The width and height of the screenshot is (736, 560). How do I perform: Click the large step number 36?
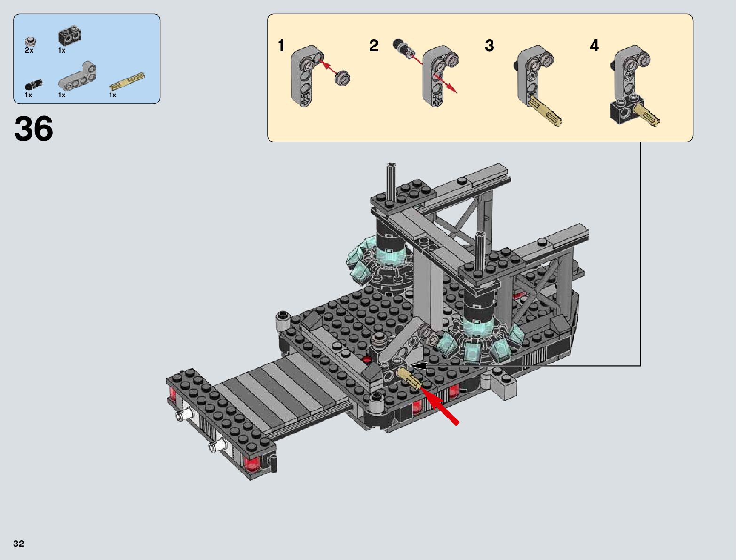click(33, 128)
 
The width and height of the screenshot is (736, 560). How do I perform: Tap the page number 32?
click(18, 544)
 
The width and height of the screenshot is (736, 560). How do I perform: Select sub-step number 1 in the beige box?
click(281, 46)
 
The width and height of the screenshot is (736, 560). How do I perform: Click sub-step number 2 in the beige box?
click(373, 46)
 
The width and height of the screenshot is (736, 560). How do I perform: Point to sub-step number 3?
click(489, 46)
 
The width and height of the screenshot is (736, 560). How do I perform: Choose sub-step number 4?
click(594, 46)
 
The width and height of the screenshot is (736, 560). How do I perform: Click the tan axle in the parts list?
click(127, 81)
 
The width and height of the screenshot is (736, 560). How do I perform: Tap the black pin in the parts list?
click(33, 85)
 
